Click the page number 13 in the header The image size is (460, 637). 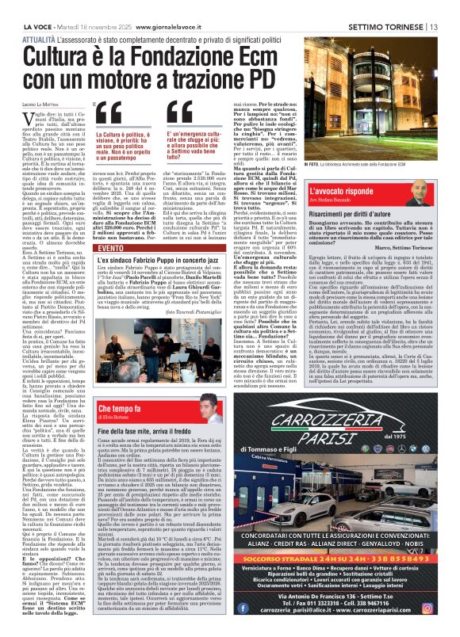(x=452, y=7)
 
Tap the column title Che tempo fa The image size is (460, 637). (x=122, y=409)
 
